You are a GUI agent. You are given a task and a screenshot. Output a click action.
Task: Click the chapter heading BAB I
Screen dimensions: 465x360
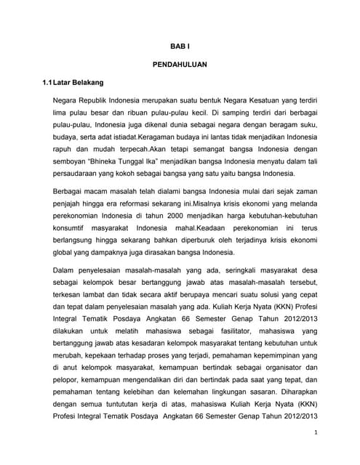[180, 45]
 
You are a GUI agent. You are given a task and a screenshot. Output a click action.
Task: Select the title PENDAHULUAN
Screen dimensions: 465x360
[180, 64]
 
